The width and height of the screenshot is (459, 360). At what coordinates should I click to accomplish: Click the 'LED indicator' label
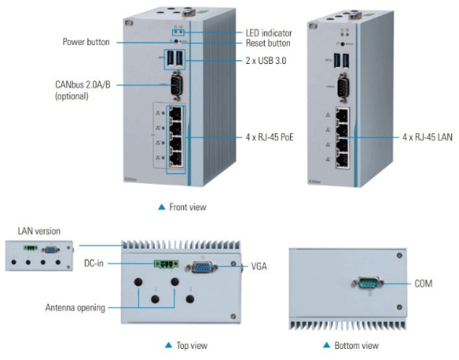pyautogui.click(x=269, y=33)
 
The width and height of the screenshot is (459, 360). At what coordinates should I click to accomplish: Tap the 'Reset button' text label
pyautogui.click(x=268, y=43)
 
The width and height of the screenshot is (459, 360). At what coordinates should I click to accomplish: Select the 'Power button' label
pyautogui.click(x=86, y=42)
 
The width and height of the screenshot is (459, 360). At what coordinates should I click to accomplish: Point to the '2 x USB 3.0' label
pyautogui.click(x=265, y=61)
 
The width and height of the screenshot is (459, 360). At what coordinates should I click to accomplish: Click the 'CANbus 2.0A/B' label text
pyautogui.click(x=83, y=84)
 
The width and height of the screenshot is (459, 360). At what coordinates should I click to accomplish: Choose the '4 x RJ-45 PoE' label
pyautogui.click(x=269, y=137)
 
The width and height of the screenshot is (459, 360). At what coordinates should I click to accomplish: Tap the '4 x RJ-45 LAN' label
pyautogui.click(x=427, y=137)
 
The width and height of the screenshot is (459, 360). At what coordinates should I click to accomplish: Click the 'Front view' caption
pyautogui.click(x=188, y=207)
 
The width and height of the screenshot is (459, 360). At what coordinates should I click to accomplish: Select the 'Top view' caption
pyautogui.click(x=192, y=346)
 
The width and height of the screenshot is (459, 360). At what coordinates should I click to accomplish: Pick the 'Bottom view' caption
pyautogui.click(x=356, y=346)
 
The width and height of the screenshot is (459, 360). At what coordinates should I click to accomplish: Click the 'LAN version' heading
pyautogui.click(x=40, y=231)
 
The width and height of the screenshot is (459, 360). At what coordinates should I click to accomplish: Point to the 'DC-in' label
pyautogui.click(x=94, y=263)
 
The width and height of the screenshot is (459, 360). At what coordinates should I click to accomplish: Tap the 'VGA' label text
pyautogui.click(x=259, y=266)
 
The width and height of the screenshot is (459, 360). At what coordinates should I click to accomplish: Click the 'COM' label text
pyautogui.click(x=423, y=283)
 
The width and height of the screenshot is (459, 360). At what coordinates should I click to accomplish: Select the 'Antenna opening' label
pyautogui.click(x=75, y=308)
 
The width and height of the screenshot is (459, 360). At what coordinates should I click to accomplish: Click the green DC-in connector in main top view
pyautogui.click(x=167, y=264)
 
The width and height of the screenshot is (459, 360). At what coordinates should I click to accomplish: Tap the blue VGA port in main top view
pyautogui.click(x=201, y=268)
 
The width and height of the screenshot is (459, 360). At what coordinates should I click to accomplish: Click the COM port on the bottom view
pyautogui.click(x=368, y=283)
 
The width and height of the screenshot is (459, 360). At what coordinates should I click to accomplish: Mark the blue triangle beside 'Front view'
pyautogui.click(x=162, y=207)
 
